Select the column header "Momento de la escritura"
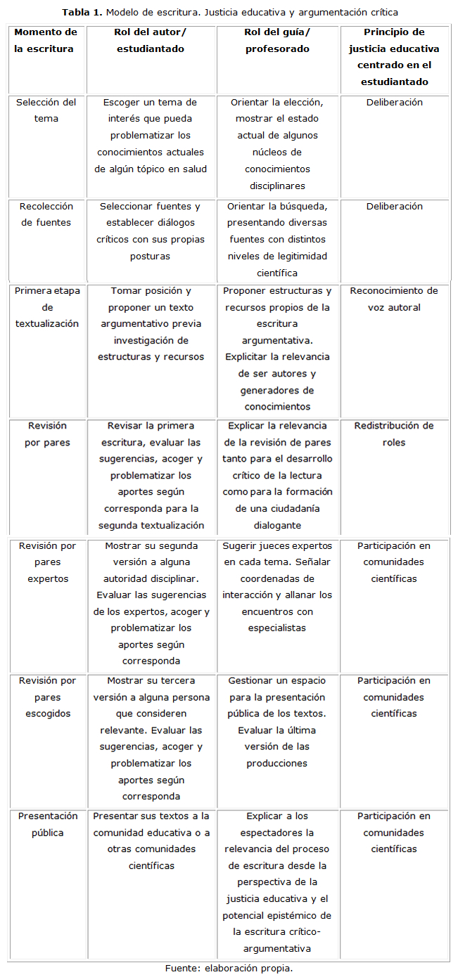tap(46, 41)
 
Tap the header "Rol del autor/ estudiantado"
tap(150, 41)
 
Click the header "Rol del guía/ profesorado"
tap(277, 41)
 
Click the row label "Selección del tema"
tap(46, 110)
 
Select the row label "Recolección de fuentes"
tap(46, 214)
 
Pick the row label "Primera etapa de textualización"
tap(46, 307)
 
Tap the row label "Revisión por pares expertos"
tap(46, 562)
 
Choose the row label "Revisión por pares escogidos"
tap(46, 697)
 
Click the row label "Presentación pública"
tap(46, 824)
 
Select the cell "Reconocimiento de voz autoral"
tap(394, 299)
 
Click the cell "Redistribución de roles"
tap(394, 434)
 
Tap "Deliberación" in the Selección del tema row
tap(394, 102)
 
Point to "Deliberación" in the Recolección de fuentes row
tap(394, 206)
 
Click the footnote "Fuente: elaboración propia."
tap(229, 968)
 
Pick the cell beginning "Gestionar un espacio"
tap(277, 722)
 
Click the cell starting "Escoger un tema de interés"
tap(150, 136)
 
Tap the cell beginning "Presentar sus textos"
tap(150, 841)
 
